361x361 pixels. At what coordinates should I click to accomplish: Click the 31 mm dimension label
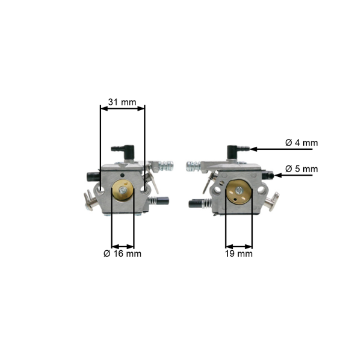[x=122, y=102]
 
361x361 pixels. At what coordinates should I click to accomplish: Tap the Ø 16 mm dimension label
[x=122, y=254]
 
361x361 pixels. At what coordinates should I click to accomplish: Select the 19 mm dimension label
[x=239, y=254]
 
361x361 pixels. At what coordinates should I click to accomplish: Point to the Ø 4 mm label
[x=301, y=143]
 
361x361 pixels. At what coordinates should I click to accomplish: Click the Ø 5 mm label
[x=301, y=169]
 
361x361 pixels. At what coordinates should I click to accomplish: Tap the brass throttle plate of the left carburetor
[x=123, y=193]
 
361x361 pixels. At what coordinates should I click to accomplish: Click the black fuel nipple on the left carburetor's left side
[x=91, y=176]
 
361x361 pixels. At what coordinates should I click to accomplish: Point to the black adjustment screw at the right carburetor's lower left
[x=198, y=203]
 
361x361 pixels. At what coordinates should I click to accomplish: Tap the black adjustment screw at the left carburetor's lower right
[x=162, y=201]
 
